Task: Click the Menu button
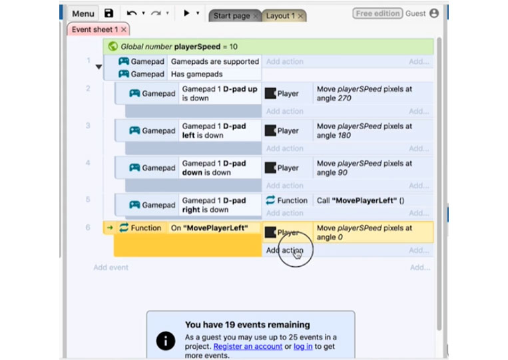[83, 13]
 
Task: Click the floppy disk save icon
[109, 13]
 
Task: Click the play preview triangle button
[186, 13]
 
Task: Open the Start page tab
[232, 15]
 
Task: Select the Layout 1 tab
[280, 15]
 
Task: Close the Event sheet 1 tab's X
[123, 29]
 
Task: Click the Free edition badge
[378, 13]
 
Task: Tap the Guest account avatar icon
[434, 13]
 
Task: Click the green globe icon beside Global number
[113, 47]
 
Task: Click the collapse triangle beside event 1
[99, 67]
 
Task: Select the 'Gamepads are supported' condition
[215, 61]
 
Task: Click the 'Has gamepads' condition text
[196, 74]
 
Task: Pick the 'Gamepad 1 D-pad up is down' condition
[220, 94]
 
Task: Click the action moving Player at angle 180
[364, 131]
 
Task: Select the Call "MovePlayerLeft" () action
[360, 201]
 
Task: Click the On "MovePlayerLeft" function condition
[209, 228]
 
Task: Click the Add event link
[111, 268]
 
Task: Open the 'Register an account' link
[248, 347]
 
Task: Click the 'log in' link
[303, 347]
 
